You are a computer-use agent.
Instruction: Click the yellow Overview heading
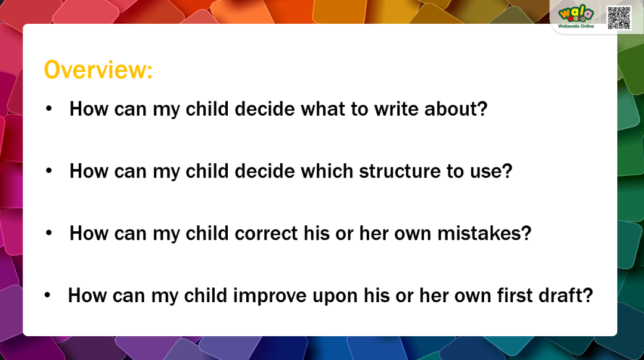click(x=98, y=69)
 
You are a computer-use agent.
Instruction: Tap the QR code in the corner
click(x=618, y=18)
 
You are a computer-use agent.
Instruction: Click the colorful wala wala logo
click(x=576, y=14)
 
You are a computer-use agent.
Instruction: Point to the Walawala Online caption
click(x=576, y=26)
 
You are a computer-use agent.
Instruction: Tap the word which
click(x=327, y=171)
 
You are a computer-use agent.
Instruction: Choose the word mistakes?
click(x=484, y=233)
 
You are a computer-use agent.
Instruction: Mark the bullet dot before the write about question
click(x=49, y=109)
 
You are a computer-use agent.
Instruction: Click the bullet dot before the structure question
click(x=49, y=171)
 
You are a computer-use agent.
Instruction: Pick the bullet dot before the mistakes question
click(x=49, y=233)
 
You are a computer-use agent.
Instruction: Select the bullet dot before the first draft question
click(x=48, y=295)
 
